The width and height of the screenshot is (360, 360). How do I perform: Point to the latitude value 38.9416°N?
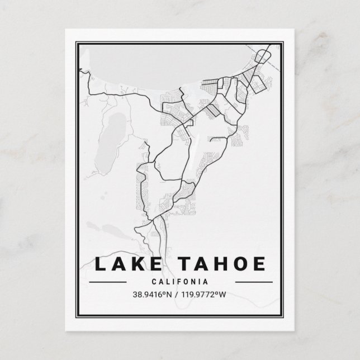153,294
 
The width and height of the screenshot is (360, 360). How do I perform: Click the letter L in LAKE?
101,263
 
